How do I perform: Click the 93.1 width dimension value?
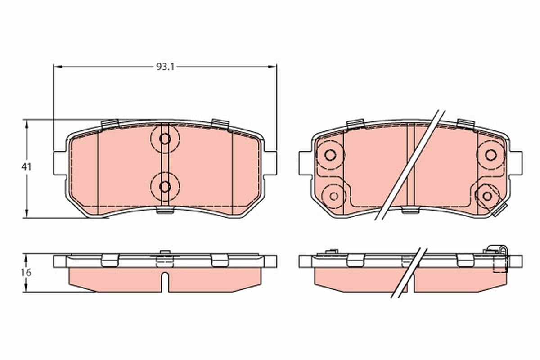[165, 67]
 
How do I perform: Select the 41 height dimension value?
[27, 166]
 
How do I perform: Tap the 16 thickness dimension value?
[27, 272]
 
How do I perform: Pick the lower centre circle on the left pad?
[165, 186]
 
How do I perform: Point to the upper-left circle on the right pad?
[330, 155]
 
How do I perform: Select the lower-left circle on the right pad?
[334, 196]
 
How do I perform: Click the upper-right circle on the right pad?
[490, 155]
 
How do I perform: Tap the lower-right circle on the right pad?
[487, 196]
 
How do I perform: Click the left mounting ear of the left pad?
[60, 163]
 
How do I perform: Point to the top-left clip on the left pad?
[110, 124]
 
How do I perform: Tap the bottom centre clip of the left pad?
[165, 209]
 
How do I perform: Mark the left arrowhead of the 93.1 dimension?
[57, 67]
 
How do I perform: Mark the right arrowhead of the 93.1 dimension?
[273, 67]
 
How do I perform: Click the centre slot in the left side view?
[165, 281]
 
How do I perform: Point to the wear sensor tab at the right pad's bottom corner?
[500, 209]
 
